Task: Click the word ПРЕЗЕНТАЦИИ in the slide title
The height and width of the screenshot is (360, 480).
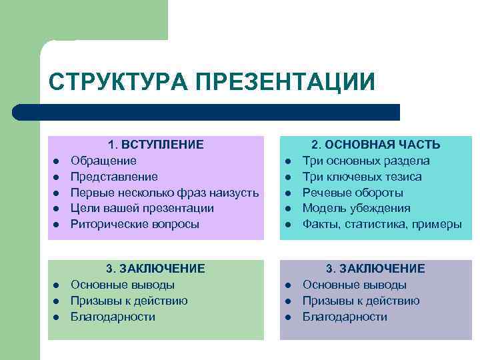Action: pyautogui.click(x=285, y=82)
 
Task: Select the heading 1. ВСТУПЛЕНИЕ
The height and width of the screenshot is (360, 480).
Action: pyautogui.click(x=156, y=144)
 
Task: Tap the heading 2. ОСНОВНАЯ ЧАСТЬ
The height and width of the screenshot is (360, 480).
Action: pyautogui.click(x=376, y=144)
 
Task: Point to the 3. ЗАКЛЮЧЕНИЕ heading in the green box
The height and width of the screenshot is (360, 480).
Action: pyautogui.click(x=156, y=268)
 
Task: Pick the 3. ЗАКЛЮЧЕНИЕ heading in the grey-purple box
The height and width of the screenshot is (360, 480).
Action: pyautogui.click(x=376, y=268)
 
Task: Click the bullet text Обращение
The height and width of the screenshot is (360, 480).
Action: pyautogui.click(x=103, y=161)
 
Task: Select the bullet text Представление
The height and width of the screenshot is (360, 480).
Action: pyautogui.click(x=114, y=177)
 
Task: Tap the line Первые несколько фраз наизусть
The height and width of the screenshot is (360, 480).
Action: pyautogui.click(x=165, y=193)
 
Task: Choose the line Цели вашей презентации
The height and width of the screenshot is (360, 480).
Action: pyautogui.click(x=142, y=208)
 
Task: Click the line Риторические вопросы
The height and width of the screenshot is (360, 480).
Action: pyautogui.click(x=135, y=224)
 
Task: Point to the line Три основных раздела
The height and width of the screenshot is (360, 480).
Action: pyautogui.click(x=366, y=161)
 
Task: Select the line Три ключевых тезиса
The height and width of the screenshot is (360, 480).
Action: pyautogui.click(x=362, y=177)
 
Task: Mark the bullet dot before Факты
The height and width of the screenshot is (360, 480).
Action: pyautogui.click(x=288, y=225)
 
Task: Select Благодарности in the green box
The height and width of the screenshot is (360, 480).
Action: pyautogui.click(x=113, y=317)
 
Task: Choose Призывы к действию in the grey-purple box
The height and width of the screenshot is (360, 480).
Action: pyautogui.click(x=361, y=301)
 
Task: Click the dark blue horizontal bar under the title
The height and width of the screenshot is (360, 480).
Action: pyautogui.click(x=207, y=112)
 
